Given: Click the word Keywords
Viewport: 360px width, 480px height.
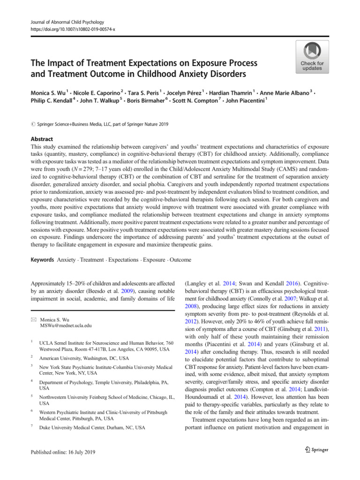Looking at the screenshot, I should pos(42,259).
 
